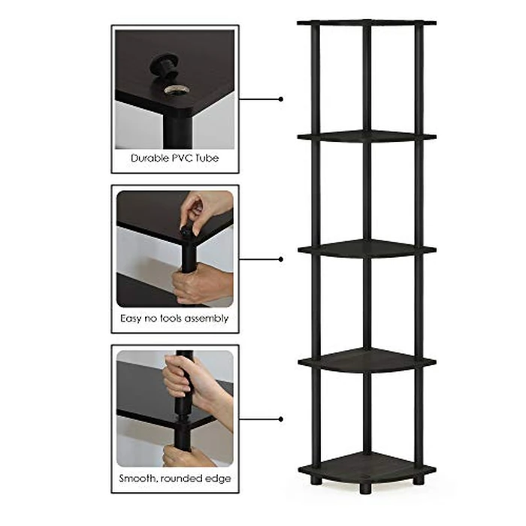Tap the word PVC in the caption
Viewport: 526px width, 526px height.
(183, 159)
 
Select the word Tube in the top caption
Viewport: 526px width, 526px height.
(208, 159)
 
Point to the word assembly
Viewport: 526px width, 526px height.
(204, 319)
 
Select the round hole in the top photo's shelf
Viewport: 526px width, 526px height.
(176, 90)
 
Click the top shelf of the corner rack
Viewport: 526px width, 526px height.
(366, 23)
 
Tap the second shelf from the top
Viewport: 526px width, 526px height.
(366, 136)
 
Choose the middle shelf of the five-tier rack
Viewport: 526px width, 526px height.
(366, 248)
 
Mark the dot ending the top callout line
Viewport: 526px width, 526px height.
(281, 98)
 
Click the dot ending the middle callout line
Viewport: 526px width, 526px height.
(281, 258)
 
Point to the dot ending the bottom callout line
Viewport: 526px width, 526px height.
(281, 419)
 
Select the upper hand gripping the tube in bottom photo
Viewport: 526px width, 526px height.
(180, 376)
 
